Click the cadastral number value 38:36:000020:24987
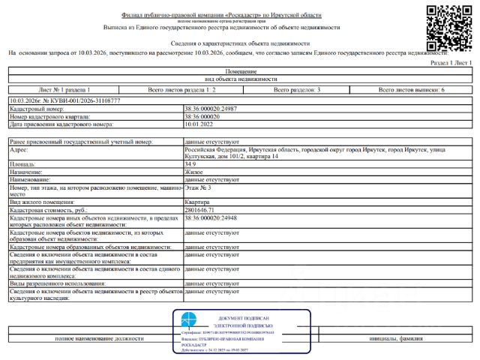211,109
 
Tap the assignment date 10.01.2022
199,124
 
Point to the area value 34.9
190,163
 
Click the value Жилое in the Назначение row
193,172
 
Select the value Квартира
197,202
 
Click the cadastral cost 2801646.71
202,211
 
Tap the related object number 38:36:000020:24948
211,218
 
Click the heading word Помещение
241,71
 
